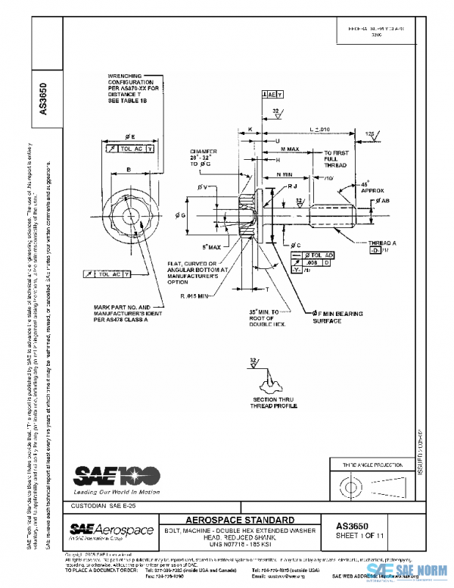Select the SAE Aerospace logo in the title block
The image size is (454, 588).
[x=111, y=530]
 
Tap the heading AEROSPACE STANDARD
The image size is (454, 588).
[x=241, y=520]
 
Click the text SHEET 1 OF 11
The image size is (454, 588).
[x=365, y=536]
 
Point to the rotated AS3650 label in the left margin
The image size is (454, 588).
[x=43, y=99]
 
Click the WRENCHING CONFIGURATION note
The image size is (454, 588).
[x=134, y=89]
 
